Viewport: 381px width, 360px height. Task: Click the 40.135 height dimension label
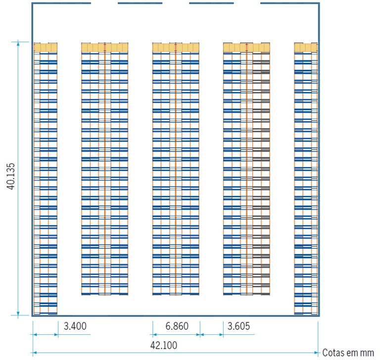click(11, 176)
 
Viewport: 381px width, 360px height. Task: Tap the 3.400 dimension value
click(75, 326)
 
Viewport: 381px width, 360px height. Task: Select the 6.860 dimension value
click(177, 326)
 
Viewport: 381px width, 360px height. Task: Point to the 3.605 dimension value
click(238, 326)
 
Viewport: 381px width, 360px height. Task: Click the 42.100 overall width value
click(164, 345)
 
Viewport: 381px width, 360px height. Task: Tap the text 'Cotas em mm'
click(348, 353)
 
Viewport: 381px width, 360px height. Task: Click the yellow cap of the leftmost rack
click(46, 47)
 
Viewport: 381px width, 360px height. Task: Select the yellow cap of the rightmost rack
click(306, 47)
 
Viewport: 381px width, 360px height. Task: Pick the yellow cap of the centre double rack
click(176, 47)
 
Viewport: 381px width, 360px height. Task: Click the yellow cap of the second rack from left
click(105, 47)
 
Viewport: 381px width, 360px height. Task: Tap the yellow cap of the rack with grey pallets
click(246, 47)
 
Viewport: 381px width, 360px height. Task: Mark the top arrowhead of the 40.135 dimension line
click(18, 44)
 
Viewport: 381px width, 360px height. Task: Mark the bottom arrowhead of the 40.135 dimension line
click(18, 314)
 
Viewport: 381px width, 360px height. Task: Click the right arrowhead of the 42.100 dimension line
click(316, 353)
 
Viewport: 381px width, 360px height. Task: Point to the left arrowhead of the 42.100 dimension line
click(35, 353)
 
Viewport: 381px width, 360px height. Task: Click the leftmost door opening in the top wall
click(104, 3)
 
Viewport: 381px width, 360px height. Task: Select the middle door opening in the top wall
click(176, 3)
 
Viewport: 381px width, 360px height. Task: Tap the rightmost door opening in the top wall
click(247, 3)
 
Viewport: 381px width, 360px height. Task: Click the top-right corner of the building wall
click(319, 3)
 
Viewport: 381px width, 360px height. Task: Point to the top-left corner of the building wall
click(32, 3)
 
